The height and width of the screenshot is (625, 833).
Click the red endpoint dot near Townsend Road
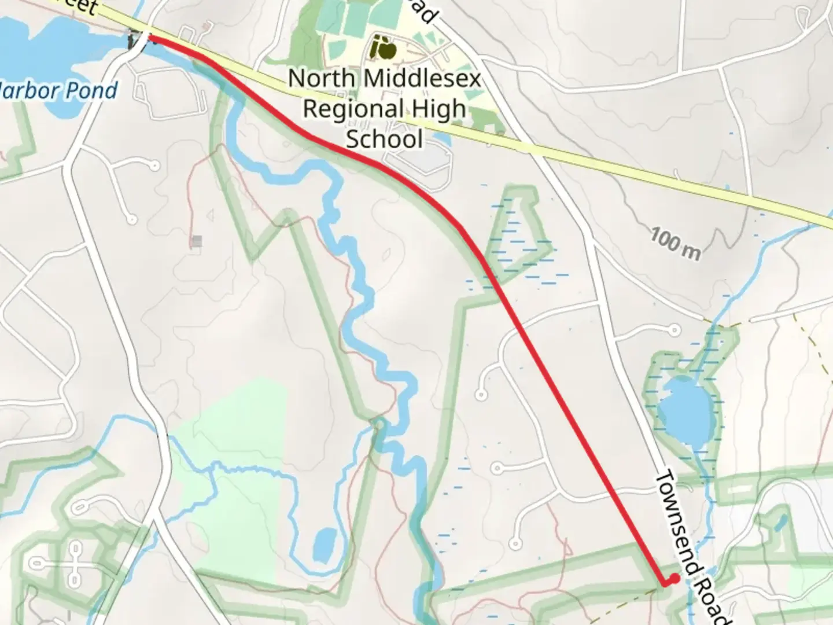[x=674, y=578]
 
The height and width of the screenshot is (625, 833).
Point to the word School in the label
[x=384, y=139]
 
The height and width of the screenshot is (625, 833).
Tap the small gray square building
[x=198, y=241]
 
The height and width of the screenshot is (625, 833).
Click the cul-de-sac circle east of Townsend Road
[x=674, y=330]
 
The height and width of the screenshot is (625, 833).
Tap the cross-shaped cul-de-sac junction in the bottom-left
[x=75, y=562]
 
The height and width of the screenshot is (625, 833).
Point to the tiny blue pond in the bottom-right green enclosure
[x=779, y=524]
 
